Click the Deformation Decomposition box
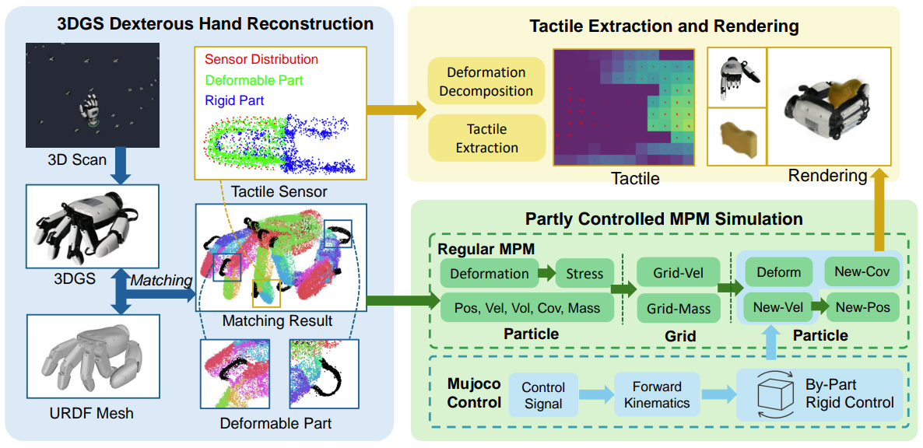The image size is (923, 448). pyautogui.click(x=486, y=82)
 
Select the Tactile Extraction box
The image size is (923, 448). pyautogui.click(x=486, y=138)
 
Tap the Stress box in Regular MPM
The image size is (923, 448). pyautogui.click(x=584, y=273)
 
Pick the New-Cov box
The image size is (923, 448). pyautogui.click(x=862, y=271)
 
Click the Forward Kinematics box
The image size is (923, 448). pyautogui.click(x=657, y=396)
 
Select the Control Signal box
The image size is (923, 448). pyautogui.click(x=543, y=396)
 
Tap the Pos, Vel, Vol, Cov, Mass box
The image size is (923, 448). pyautogui.click(x=528, y=308)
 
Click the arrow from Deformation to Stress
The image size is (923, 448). pyautogui.click(x=546, y=273)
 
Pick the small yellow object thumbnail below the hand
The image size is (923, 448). pyautogui.click(x=736, y=138)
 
